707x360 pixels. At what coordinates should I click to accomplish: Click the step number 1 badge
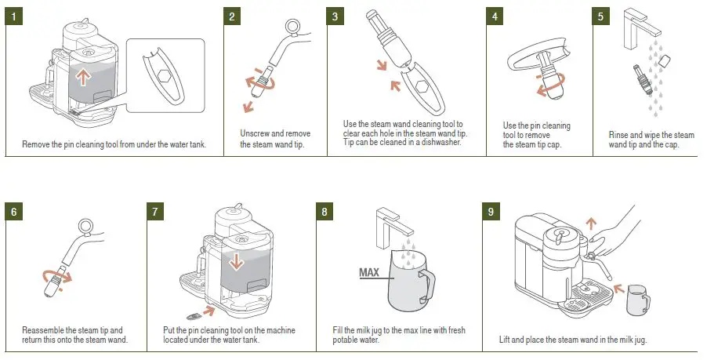14,16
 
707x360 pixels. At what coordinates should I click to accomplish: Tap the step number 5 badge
601,16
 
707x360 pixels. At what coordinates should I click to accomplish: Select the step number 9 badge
490,213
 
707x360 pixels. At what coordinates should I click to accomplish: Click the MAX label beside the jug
369,273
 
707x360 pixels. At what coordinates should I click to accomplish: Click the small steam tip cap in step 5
665,60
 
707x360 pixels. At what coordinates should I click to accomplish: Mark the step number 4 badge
494,16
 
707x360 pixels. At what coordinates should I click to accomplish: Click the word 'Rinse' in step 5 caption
619,135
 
